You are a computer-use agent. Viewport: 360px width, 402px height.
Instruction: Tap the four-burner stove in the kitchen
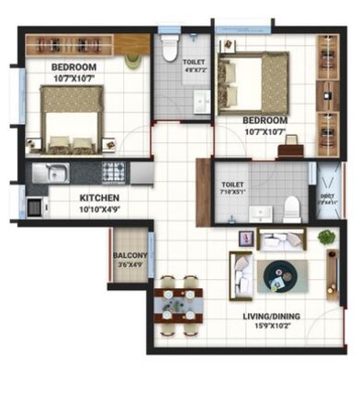(x=114, y=171)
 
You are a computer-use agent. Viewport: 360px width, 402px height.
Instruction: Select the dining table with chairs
(x=180, y=299)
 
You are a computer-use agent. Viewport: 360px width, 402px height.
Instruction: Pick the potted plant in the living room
(x=327, y=238)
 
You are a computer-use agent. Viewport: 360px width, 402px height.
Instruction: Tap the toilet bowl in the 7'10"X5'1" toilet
(x=292, y=208)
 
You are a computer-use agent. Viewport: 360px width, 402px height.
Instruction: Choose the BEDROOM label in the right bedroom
(x=265, y=120)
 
